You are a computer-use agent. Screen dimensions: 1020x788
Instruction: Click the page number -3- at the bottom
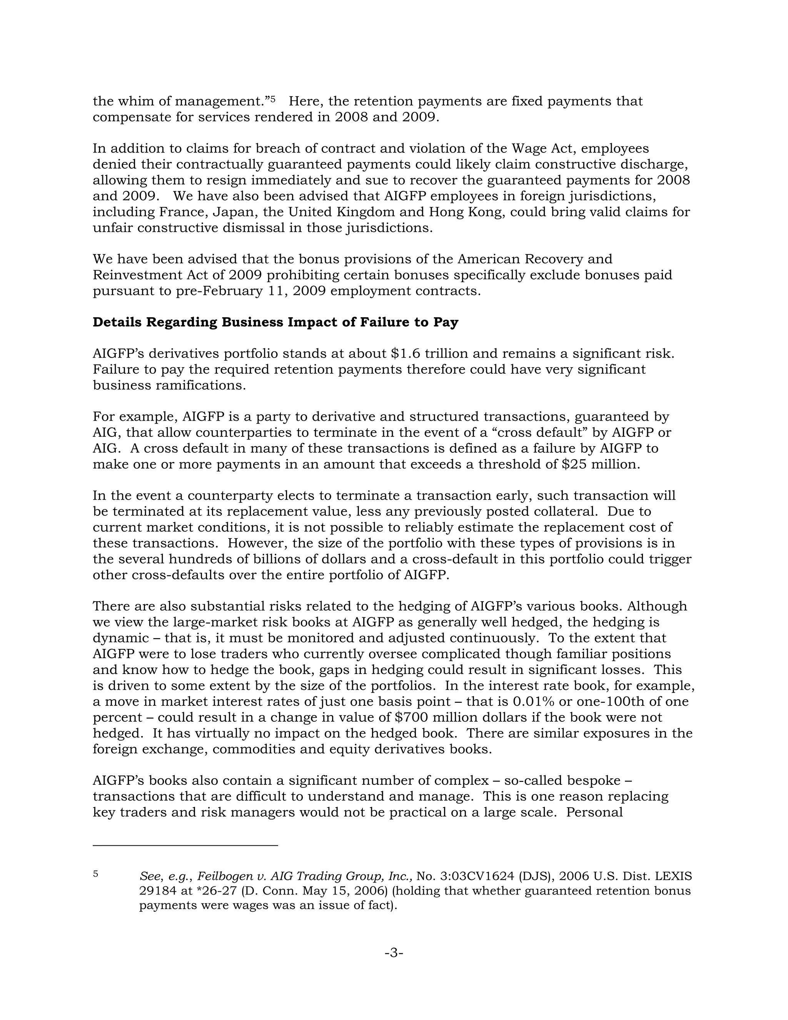[394, 952]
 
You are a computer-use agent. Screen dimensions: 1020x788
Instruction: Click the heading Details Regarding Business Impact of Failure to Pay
[275, 322]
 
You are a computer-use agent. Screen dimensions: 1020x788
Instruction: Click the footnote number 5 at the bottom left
[95, 873]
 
